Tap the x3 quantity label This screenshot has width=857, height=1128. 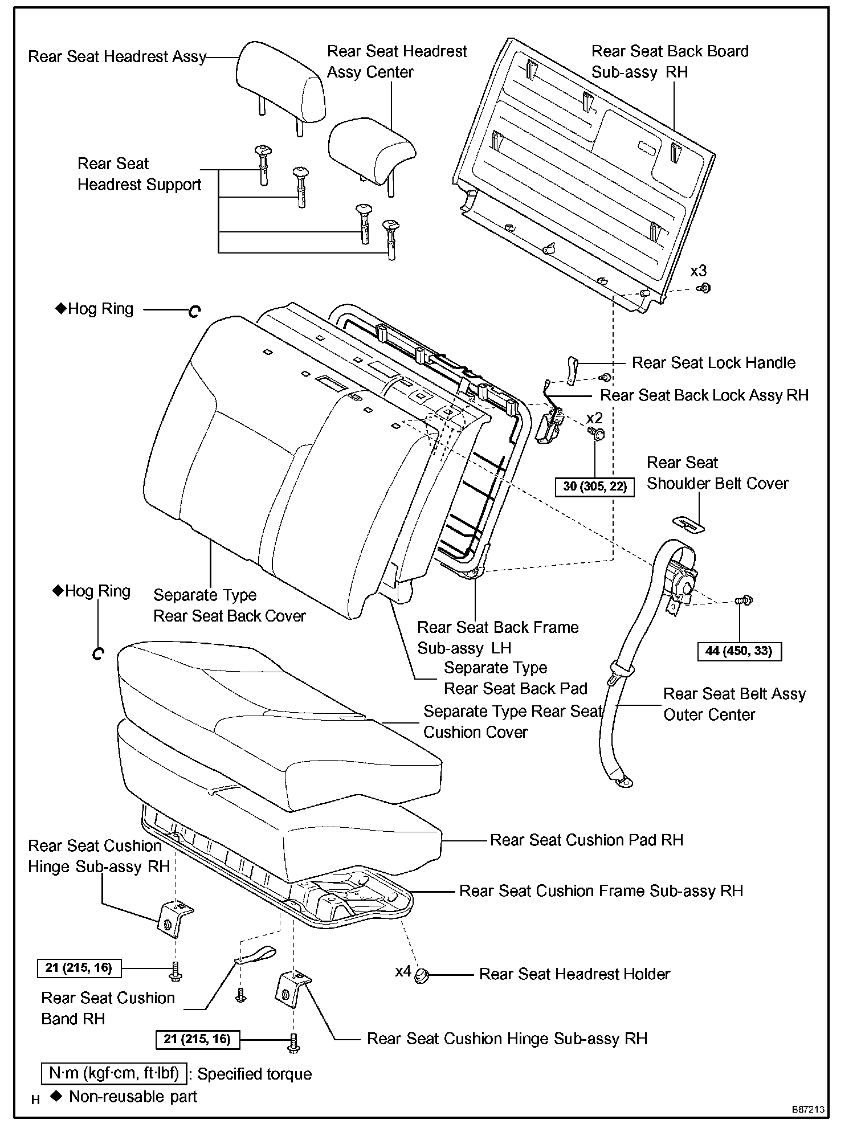coord(699,271)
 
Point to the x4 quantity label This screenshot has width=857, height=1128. coord(403,971)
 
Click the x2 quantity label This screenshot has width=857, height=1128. coord(595,418)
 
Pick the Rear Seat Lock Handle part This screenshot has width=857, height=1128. coord(573,370)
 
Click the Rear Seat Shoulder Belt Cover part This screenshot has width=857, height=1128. coord(688,524)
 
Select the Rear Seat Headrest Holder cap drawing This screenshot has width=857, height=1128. coord(422,975)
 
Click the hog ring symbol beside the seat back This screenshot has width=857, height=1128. coord(194,311)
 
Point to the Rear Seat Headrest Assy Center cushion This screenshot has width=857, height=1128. coord(372,149)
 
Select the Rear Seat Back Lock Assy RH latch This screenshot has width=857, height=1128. coord(549,424)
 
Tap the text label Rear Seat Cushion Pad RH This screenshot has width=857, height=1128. coord(586,840)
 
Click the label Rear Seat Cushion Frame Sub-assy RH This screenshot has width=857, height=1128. coord(601,890)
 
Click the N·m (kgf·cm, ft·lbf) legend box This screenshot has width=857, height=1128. coord(114,1073)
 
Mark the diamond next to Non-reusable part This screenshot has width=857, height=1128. coord(55,1096)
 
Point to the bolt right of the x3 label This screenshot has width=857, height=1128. coord(705,288)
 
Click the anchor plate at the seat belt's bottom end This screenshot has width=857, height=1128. coord(624,782)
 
